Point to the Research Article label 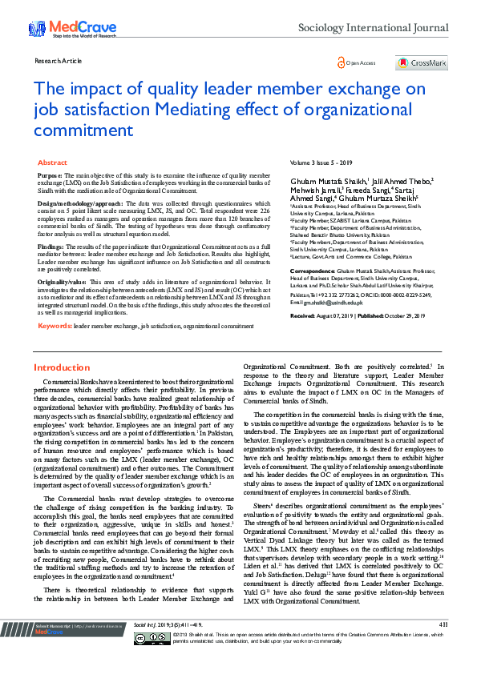coord(59,61)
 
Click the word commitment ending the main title coord(83,130)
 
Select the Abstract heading coord(53,162)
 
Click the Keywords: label coord(55,327)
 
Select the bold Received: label coord(302,316)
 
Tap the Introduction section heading coord(62,367)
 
